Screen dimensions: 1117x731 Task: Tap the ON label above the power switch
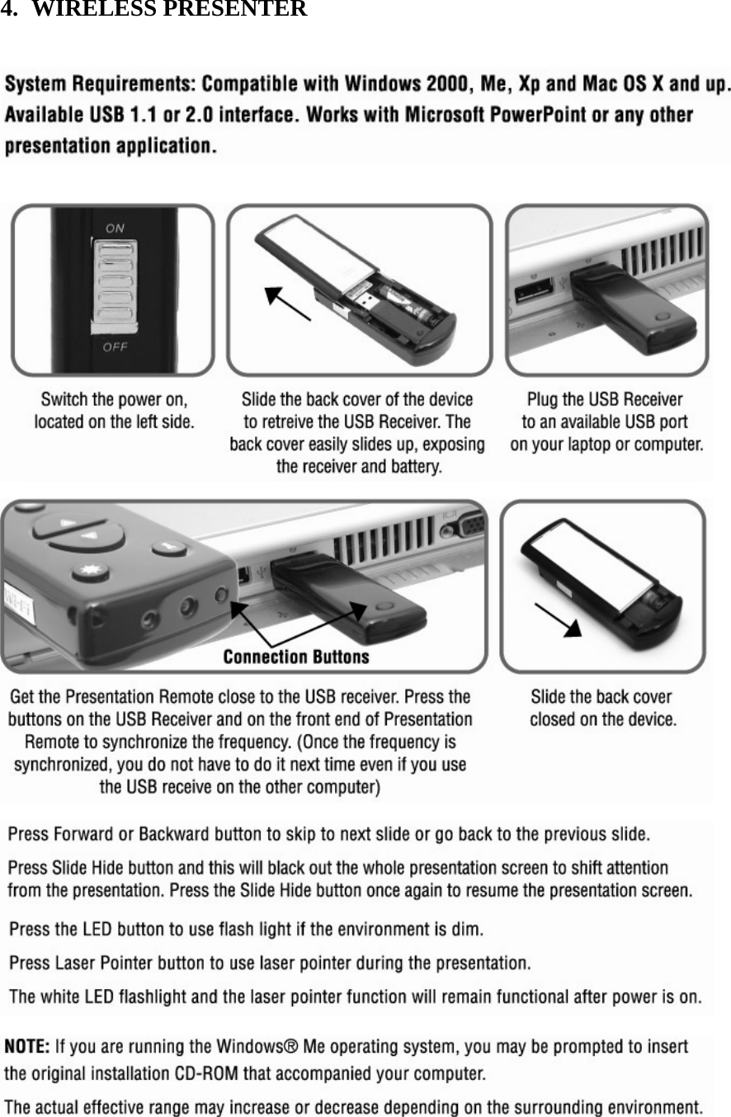click(x=115, y=227)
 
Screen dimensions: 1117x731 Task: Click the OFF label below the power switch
click(x=115, y=346)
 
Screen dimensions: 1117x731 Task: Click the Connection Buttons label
click(x=296, y=657)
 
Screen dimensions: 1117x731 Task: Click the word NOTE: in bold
click(x=27, y=1048)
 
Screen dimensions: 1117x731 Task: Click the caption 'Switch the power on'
click(x=114, y=400)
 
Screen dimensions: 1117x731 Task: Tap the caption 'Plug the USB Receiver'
click(x=605, y=400)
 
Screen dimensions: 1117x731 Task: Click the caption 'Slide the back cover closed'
click(x=602, y=708)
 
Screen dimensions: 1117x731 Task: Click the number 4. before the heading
click(x=9, y=10)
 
